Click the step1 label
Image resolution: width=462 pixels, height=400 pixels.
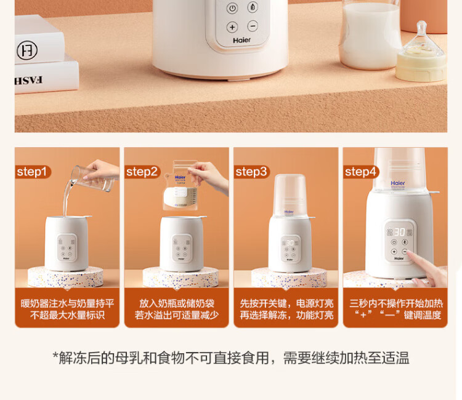(32, 172)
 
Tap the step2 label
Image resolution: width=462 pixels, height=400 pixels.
(142, 172)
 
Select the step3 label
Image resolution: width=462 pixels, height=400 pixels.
(251, 172)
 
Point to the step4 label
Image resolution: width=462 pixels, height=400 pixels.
(360, 172)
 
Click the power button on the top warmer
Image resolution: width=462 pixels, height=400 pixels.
(232, 8)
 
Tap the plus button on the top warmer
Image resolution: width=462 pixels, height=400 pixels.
(232, 27)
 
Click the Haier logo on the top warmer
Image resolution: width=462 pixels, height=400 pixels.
(241, 40)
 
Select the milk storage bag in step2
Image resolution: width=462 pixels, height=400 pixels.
(180, 185)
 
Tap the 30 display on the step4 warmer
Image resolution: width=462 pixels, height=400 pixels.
(400, 232)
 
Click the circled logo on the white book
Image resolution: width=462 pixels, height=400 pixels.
(27, 50)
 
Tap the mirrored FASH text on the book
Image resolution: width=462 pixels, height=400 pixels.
(29, 80)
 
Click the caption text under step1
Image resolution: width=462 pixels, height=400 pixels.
(67, 309)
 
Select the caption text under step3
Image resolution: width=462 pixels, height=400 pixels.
(286, 309)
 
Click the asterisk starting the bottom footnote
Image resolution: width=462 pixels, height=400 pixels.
(55, 355)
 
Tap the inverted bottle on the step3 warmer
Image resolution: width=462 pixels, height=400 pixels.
(290, 196)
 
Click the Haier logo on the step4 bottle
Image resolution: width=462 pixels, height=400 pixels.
(398, 183)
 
